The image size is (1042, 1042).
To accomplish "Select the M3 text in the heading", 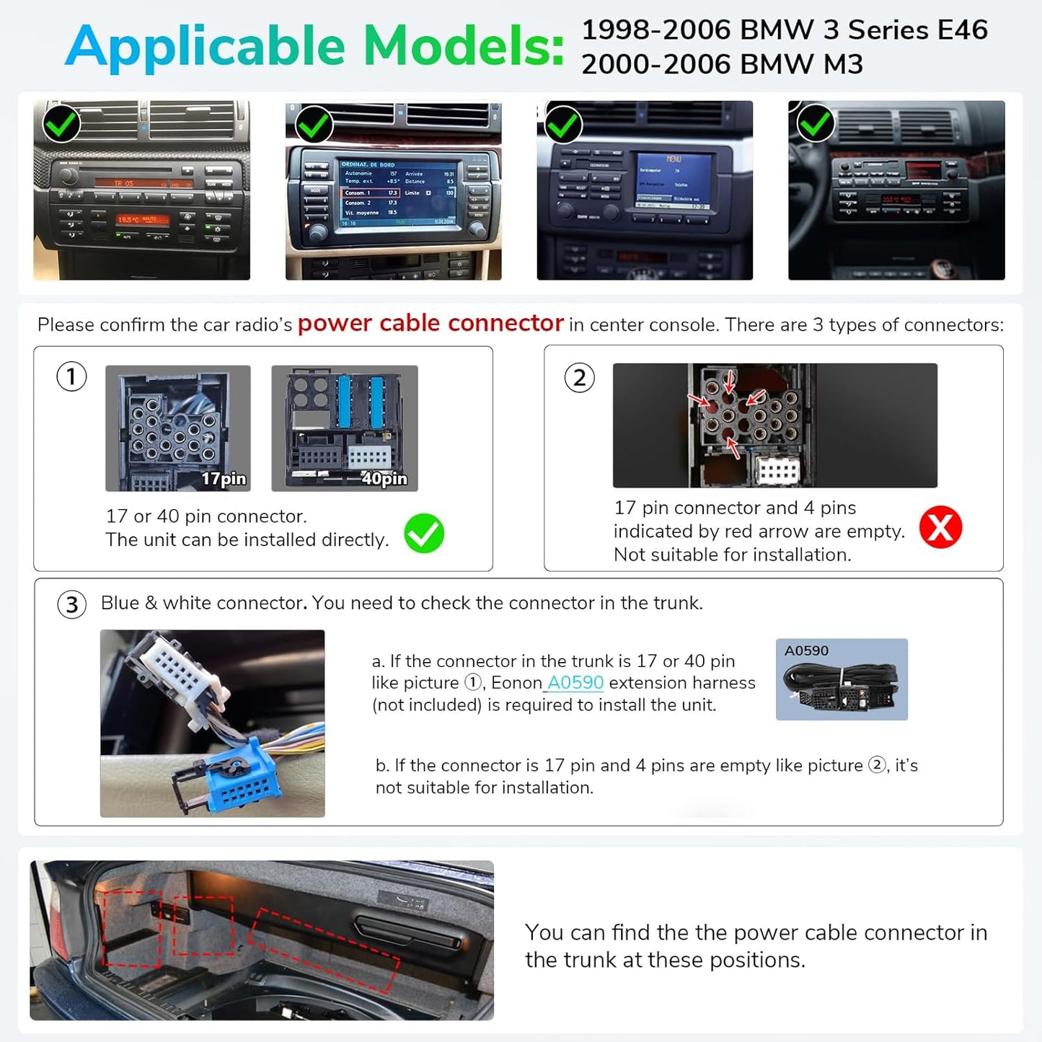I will point(843,65).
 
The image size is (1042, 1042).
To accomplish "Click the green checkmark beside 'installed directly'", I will point(424,534).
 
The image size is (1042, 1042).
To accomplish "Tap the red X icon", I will point(940,527).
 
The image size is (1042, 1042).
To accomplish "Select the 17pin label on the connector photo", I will point(224,479).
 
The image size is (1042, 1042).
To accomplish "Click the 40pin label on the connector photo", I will point(384,479).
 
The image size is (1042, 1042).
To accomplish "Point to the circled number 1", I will point(71,376).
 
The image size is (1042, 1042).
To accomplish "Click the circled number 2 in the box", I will point(579,378).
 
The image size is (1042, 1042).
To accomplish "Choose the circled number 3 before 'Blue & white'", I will point(72,604).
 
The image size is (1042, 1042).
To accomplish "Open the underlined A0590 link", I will point(575,683).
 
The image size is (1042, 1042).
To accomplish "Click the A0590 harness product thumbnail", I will point(842,679).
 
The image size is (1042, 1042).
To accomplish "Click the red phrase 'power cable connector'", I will point(431,323).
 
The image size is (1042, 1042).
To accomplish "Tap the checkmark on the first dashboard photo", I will point(61,124).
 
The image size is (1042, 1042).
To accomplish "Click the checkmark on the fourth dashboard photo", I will point(816,124).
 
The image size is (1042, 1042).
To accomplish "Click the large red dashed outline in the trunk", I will point(324,947).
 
